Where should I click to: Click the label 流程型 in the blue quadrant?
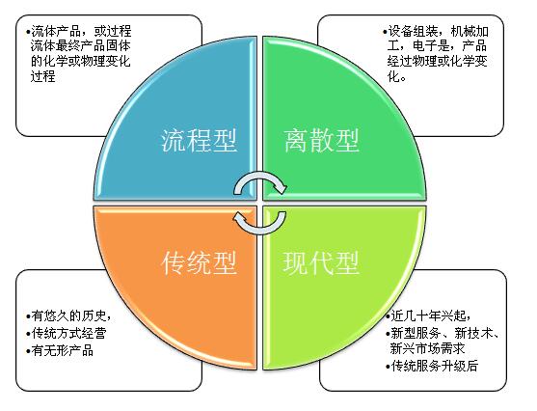[199, 141]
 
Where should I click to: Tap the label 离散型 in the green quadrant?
[322, 141]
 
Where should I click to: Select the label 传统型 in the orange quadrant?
[199, 263]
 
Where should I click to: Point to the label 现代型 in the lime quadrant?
[321, 263]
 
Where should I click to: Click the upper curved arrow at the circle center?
[259, 176]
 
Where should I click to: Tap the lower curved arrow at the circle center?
[259, 231]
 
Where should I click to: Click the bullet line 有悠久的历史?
[68, 315]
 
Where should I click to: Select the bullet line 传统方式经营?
[67, 333]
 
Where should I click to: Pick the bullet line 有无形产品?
[60, 350]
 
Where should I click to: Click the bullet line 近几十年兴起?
[428, 315]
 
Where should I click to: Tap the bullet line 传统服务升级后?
[432, 366]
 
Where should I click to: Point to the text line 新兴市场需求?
[427, 348]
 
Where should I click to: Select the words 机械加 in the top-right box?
[470, 32]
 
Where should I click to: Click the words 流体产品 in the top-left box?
[56, 31]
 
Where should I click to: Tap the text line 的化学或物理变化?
[80, 61]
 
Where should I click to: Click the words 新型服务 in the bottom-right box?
[416, 333]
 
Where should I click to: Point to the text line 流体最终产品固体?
[80, 46]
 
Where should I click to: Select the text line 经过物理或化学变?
[438, 61]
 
